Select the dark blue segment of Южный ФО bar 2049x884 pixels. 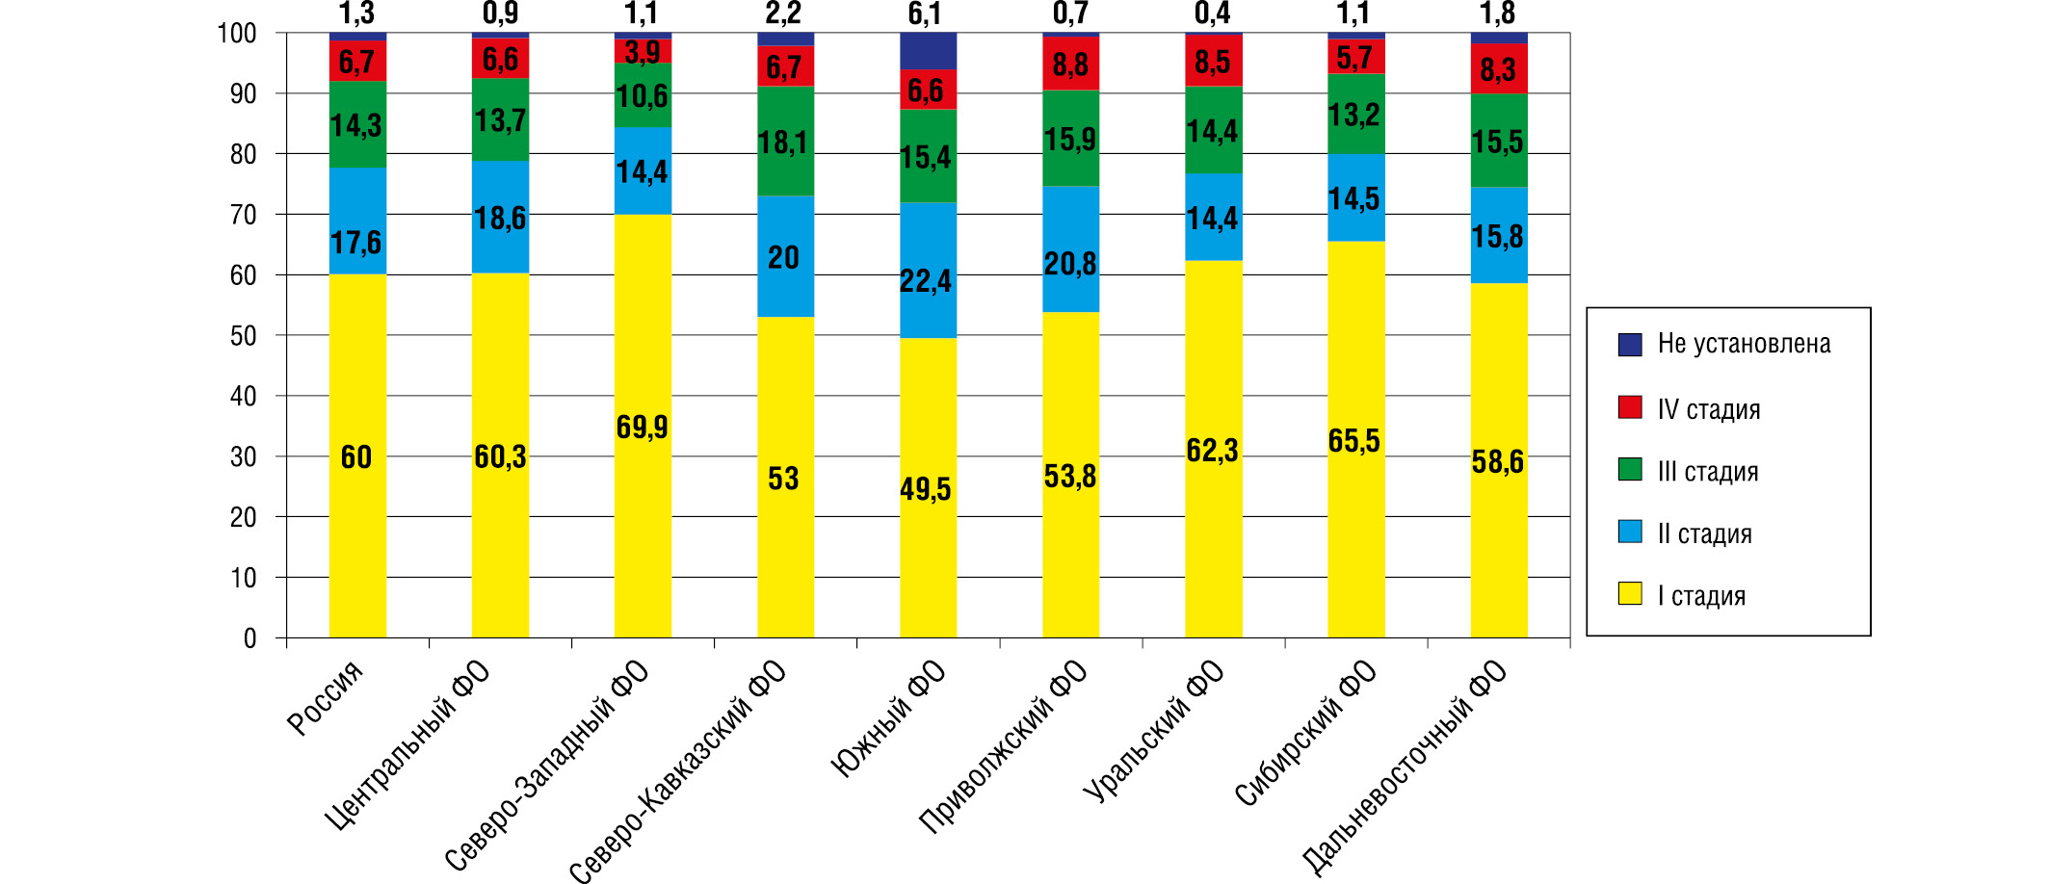point(928,51)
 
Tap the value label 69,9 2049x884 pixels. point(642,427)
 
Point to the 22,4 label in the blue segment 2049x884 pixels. point(926,281)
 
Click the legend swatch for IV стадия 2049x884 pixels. point(1630,407)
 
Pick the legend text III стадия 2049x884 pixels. point(1708,472)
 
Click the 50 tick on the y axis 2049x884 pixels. point(244,336)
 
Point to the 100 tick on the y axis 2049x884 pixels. point(237,34)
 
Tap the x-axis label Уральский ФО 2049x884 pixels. point(1154,732)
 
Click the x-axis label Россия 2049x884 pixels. point(326,698)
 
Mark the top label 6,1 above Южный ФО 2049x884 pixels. point(925,13)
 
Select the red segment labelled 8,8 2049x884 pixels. point(1070,64)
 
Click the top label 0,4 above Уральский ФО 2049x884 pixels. point(1212,13)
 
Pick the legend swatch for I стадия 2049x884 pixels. point(1630,594)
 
